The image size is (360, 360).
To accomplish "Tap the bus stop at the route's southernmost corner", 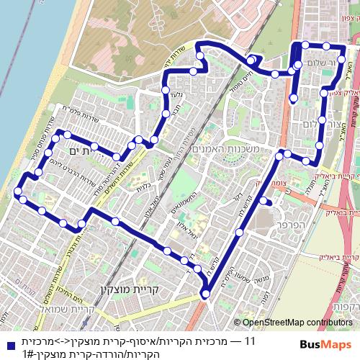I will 205,293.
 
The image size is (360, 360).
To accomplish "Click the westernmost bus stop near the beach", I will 17,191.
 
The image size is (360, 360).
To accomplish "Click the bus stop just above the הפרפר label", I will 265,201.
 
